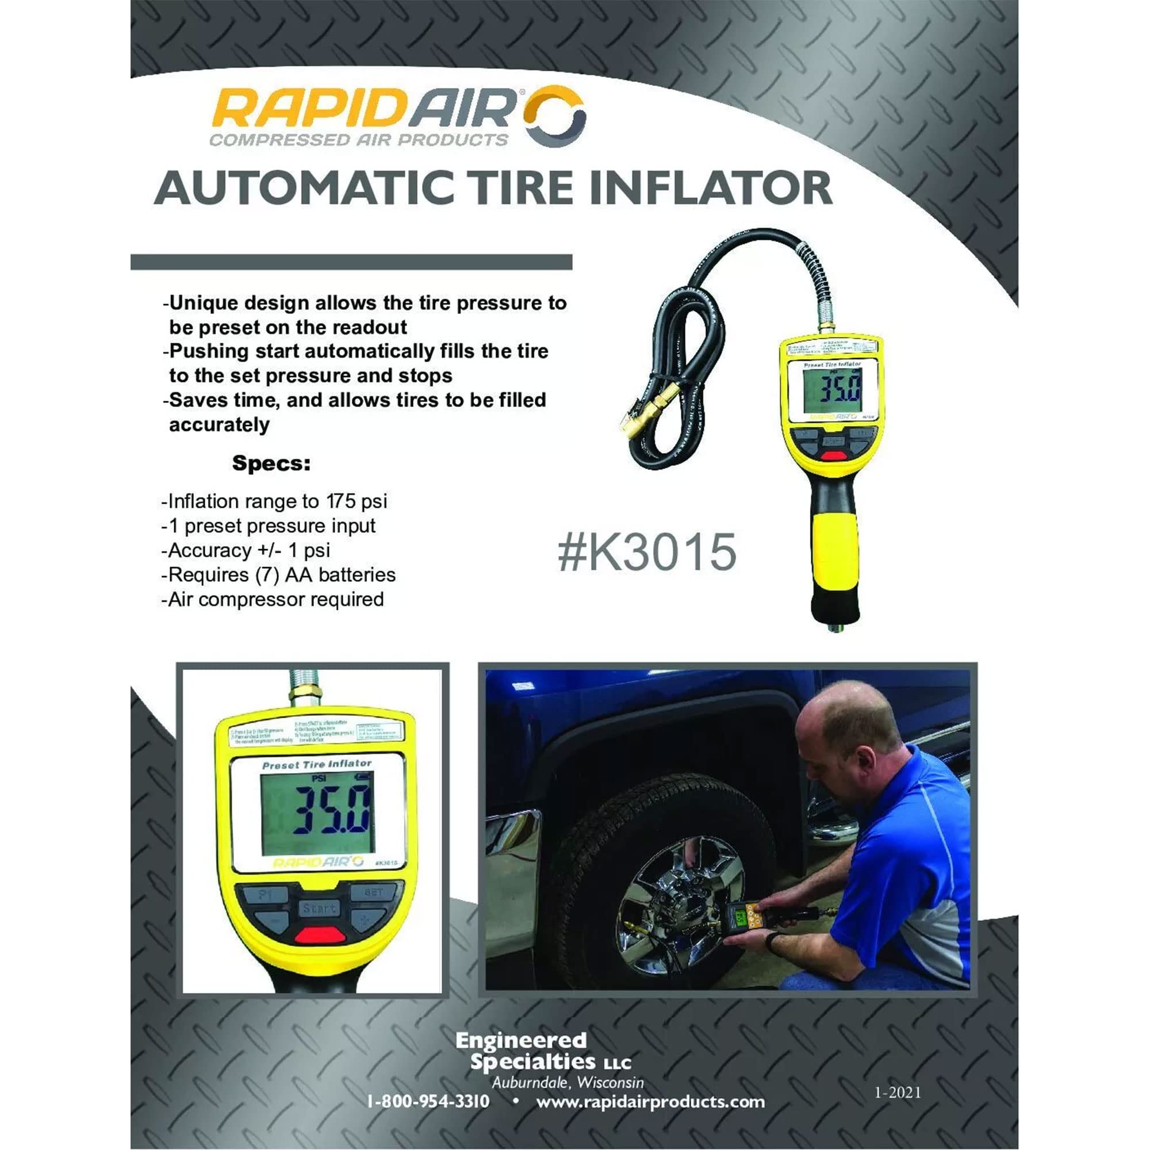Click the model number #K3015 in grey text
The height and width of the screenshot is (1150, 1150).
pos(647,552)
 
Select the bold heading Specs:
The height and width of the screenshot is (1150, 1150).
pos(271,463)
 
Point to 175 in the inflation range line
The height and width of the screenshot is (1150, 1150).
pos(341,501)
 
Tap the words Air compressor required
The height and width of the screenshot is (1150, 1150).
pos(275,599)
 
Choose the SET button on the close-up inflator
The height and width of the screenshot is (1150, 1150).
pos(373,892)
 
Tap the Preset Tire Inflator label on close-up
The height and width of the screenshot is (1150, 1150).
pos(317,764)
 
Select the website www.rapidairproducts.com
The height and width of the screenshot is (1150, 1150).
pos(650,1101)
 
